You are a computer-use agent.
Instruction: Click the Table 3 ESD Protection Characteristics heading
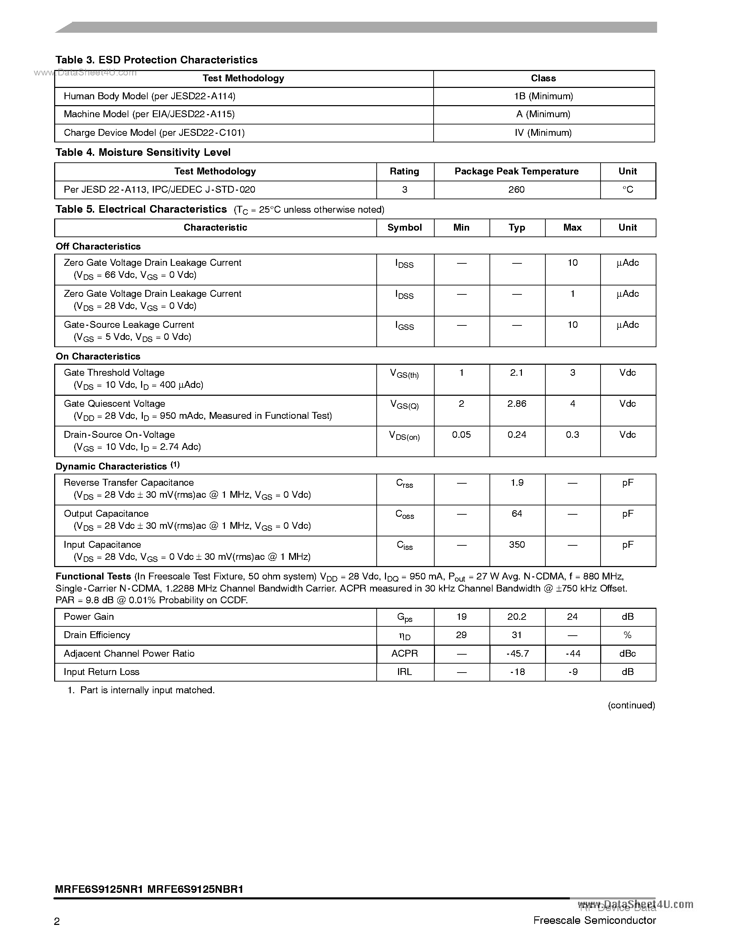(156, 60)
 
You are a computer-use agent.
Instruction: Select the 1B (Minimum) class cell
(543, 97)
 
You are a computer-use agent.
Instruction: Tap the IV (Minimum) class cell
(543, 133)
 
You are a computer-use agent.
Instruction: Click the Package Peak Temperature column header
(516, 171)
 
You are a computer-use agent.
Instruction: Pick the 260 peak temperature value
(516, 190)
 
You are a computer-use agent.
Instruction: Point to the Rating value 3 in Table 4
(405, 190)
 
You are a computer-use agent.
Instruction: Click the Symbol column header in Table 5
(404, 228)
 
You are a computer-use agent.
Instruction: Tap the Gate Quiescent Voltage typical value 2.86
(516, 404)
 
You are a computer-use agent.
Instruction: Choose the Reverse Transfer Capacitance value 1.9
(517, 483)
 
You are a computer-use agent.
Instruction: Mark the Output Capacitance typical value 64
(517, 514)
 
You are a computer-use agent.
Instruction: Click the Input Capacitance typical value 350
(517, 545)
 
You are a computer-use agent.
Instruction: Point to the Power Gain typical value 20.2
(517, 617)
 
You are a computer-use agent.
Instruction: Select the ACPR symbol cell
(404, 654)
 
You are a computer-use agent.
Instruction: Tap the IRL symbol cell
(404, 672)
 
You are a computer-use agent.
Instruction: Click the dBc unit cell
(627, 654)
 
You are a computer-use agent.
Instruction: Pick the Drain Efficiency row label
(97, 635)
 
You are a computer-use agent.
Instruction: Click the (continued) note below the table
(631, 705)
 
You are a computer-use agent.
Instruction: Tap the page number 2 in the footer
(57, 921)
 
